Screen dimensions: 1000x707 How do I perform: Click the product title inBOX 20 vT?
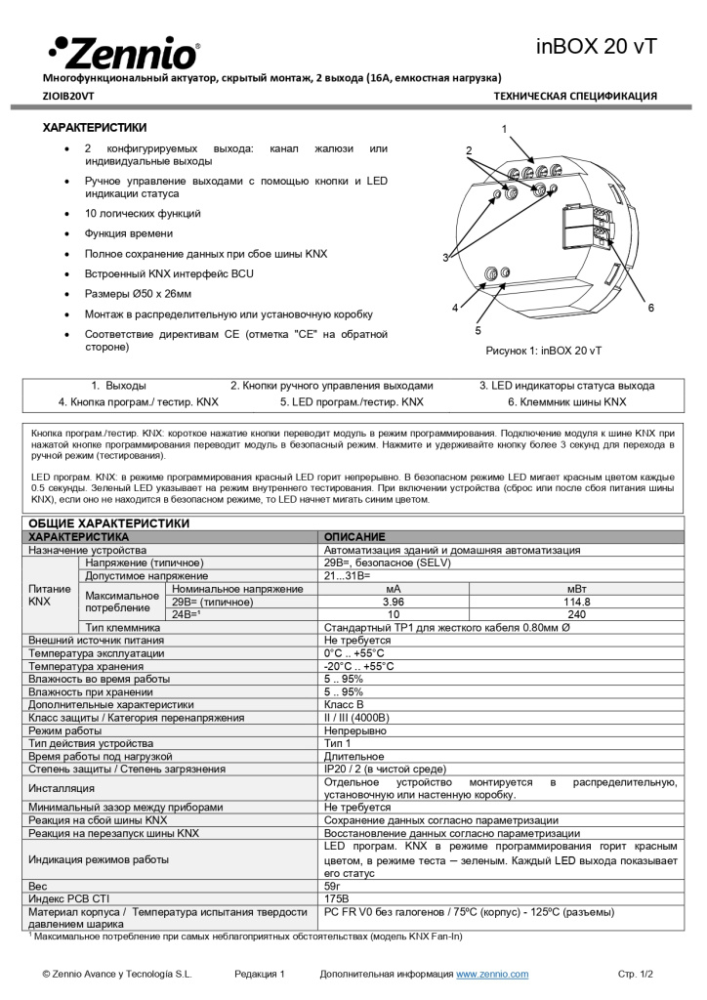[x=596, y=46]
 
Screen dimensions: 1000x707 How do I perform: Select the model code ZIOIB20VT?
[x=68, y=96]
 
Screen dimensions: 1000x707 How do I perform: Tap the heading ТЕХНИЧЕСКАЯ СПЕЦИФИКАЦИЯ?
[x=574, y=96]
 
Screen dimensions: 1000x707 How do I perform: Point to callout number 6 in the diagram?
[x=650, y=308]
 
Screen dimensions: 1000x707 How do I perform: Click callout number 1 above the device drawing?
[x=504, y=129]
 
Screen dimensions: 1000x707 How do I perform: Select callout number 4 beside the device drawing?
[x=454, y=308]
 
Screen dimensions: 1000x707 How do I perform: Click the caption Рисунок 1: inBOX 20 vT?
[x=543, y=350]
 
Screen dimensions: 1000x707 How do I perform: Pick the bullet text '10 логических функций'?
[x=143, y=213]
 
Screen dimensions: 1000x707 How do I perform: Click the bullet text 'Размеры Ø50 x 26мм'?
[x=138, y=294]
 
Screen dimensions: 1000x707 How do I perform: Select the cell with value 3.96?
[x=394, y=602]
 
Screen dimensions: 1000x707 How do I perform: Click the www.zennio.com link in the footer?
[x=492, y=974]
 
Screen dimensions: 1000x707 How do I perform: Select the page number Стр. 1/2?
[x=636, y=974]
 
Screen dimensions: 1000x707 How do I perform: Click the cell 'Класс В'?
[x=344, y=704]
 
